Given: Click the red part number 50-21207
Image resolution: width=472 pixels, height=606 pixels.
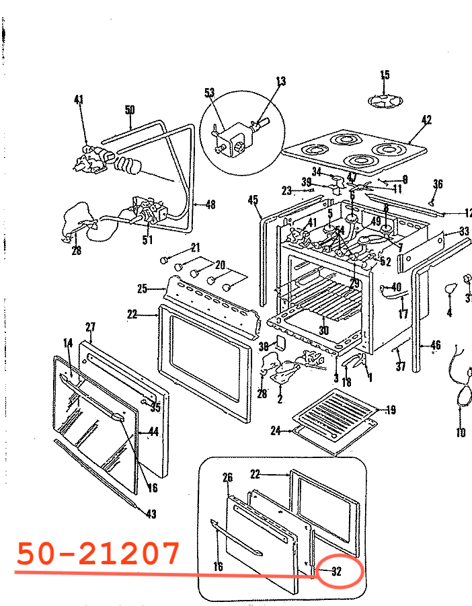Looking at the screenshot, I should click(x=98, y=553).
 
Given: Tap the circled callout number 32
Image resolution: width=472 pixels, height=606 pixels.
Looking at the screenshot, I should click(x=337, y=572).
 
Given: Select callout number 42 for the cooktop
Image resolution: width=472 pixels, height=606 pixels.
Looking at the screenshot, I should click(x=426, y=120).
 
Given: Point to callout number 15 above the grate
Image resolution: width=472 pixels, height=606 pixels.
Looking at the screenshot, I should click(x=385, y=75).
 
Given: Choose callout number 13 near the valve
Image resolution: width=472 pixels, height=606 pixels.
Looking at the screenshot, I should click(x=280, y=81).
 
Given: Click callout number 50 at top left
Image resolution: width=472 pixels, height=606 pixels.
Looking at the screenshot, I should click(x=130, y=110).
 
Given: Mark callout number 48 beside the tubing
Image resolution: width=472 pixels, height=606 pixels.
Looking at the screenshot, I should click(x=210, y=205).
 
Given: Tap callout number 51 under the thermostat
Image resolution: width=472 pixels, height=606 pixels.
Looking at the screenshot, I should click(x=147, y=239).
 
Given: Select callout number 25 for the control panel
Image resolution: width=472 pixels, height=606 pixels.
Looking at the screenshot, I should click(x=142, y=289).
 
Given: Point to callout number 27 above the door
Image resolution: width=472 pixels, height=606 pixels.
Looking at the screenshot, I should click(x=91, y=327).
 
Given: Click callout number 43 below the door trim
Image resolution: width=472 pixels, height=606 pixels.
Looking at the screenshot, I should click(x=151, y=515).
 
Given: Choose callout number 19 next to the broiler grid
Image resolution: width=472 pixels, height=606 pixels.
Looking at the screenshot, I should click(x=391, y=409).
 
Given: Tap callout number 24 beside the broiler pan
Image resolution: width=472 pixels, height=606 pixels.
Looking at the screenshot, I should click(x=275, y=430).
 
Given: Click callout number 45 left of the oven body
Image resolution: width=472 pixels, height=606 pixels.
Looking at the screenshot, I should click(x=253, y=200).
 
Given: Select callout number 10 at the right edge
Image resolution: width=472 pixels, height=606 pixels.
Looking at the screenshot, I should click(x=461, y=432).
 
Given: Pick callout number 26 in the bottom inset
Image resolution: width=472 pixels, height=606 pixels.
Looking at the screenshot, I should click(x=227, y=478).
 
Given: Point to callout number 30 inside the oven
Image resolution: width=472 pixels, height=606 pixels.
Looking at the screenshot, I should click(x=323, y=330).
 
